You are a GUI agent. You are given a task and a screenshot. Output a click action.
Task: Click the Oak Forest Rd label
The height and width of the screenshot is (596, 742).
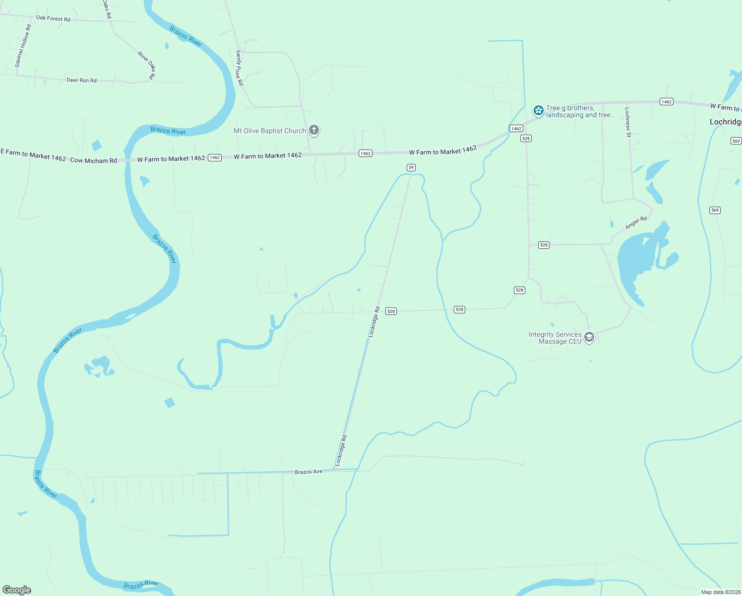53,19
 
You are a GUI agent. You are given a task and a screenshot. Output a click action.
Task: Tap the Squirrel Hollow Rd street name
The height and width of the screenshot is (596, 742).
23,46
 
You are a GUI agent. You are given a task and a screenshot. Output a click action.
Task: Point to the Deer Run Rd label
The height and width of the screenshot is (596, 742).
81,80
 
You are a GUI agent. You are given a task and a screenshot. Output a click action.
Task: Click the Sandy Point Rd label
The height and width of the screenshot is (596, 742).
240,68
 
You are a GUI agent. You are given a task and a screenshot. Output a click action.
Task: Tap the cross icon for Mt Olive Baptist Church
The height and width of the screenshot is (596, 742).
313,130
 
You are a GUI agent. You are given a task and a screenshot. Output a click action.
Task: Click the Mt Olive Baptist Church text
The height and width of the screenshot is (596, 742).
270,131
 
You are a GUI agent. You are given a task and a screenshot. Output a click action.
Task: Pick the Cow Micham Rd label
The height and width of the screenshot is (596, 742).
93,160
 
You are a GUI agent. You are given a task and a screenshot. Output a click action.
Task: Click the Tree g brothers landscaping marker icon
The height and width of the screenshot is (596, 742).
538,110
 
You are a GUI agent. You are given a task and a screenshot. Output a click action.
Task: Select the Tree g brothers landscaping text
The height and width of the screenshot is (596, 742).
580,112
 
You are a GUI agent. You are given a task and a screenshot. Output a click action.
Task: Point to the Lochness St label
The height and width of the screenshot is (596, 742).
627,122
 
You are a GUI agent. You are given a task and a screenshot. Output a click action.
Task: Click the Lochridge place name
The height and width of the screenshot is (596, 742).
726,122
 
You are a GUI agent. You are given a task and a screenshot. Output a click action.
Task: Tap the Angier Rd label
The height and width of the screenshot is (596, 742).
636,223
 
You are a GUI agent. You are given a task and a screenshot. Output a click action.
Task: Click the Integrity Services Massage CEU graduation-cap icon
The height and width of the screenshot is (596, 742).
589,337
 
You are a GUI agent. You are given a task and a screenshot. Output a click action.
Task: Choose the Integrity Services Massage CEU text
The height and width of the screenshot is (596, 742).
555,338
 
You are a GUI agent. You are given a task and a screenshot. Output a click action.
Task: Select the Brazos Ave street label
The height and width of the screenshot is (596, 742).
309,472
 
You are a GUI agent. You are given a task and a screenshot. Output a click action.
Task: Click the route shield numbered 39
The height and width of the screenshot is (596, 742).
411,167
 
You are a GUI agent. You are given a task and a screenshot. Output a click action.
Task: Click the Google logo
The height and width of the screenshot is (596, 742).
17,590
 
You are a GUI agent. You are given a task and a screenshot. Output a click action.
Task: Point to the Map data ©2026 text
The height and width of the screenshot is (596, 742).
721,592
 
